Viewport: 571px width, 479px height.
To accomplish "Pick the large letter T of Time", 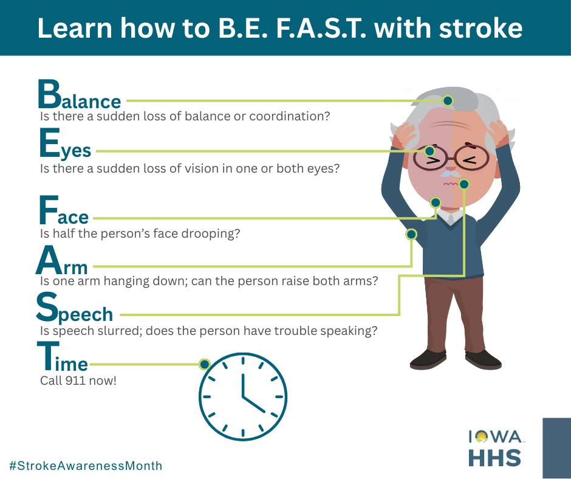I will click(48, 356).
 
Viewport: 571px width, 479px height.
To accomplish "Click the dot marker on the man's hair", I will click(448, 100).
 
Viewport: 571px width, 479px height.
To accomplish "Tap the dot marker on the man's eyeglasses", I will click(429, 151).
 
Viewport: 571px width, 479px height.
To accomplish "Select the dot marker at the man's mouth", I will click(464, 184).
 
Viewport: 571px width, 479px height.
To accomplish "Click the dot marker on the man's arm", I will click(411, 234).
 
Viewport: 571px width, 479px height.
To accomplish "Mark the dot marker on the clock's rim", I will click(205, 364).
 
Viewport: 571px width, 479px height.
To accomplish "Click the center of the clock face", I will click(242, 397).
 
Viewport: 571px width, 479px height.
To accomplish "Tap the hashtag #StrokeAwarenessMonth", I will click(86, 466).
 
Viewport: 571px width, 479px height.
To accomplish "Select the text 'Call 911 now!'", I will click(78, 381).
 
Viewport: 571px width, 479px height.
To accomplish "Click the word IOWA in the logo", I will click(494, 436).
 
